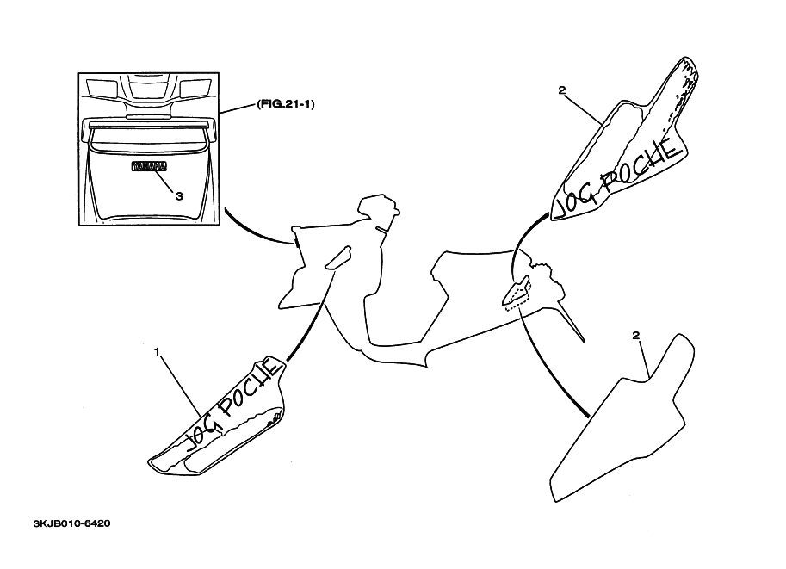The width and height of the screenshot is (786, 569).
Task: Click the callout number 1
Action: pos(158,351)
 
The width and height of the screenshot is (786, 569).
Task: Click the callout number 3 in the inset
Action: pos(179,195)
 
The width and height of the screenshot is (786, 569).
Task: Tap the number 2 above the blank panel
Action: pos(635,335)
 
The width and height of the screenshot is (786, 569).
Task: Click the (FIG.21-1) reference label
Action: pos(284,103)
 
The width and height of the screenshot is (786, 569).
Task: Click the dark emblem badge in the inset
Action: pos(147,168)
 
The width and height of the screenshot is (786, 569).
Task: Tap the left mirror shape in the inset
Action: pos(101,87)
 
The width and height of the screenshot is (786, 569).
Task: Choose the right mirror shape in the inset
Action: pos(195,87)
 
